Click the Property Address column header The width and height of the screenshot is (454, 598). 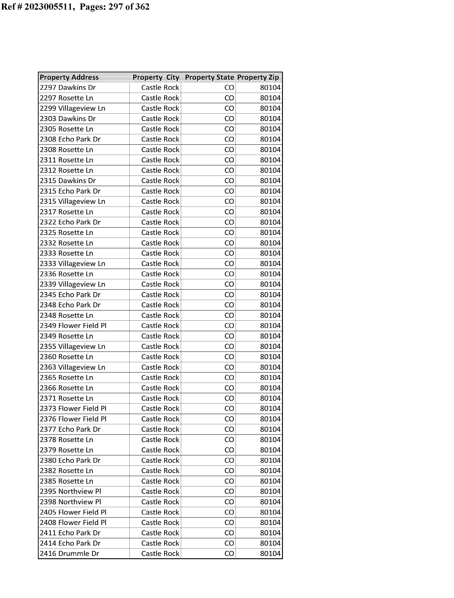69,77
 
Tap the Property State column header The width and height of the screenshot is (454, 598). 209,77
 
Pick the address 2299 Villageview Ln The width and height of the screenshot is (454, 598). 72,108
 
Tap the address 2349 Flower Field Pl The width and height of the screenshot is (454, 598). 73,326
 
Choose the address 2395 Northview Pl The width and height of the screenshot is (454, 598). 70,491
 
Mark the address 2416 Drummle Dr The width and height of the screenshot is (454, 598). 69,554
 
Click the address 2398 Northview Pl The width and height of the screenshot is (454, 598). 70,502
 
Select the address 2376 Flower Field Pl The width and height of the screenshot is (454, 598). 73,419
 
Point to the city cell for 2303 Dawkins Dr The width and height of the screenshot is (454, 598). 160,119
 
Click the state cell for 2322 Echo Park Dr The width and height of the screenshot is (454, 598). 229,222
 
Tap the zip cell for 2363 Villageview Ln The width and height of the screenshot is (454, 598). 270,367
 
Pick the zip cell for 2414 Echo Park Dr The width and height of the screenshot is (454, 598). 270,543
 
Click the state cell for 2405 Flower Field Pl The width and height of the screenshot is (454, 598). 229,512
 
